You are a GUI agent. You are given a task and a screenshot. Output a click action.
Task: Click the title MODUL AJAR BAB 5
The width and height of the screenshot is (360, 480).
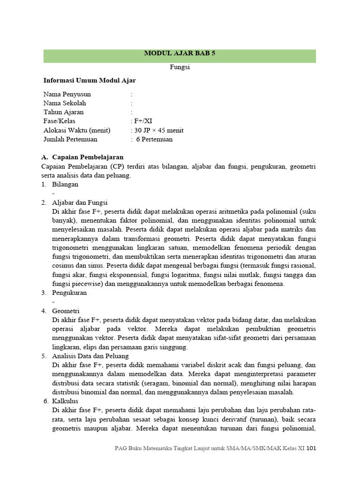[x=180, y=54]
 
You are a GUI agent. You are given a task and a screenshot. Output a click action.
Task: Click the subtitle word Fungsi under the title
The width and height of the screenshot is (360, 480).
[x=180, y=67]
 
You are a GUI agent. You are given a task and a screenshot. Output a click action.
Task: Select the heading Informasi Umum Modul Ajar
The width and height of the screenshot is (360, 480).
[x=90, y=81]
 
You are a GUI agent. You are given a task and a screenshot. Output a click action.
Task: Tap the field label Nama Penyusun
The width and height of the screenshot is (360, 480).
[x=67, y=94]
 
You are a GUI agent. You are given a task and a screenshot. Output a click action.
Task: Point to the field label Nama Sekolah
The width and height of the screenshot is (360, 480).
[x=65, y=103]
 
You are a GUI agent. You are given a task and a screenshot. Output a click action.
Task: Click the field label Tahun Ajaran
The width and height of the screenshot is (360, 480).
[x=64, y=112]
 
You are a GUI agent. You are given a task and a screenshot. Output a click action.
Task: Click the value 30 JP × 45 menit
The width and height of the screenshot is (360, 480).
[x=157, y=130]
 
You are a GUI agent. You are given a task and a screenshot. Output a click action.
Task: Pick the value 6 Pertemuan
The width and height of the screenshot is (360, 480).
[x=154, y=139]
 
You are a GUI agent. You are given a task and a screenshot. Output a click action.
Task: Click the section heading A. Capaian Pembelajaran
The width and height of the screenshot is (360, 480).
[x=82, y=157]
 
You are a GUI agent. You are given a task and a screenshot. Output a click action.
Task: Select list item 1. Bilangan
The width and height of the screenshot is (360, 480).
[x=65, y=185]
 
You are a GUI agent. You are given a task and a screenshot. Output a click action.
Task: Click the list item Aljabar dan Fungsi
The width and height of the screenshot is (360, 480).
[x=80, y=202]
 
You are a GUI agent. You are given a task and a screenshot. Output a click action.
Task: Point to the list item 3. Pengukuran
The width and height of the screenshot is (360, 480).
[x=69, y=293]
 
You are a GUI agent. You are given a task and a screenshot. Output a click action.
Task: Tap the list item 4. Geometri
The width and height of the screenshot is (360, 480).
[x=66, y=311]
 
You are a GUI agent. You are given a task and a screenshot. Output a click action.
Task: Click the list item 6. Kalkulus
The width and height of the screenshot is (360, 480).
[x=66, y=401]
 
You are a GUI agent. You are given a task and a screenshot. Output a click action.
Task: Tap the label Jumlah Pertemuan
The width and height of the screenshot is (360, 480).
[x=70, y=139]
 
